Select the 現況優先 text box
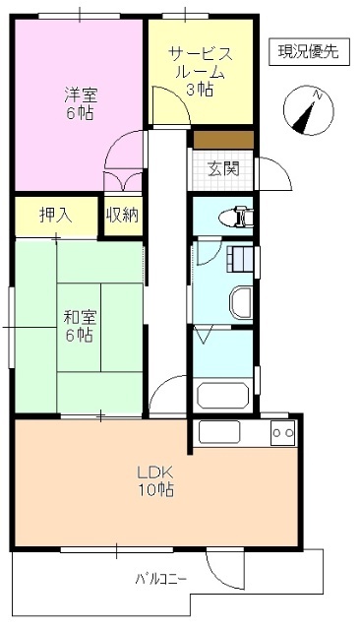click(x=307, y=52)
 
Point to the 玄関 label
click(x=221, y=167)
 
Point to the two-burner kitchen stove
click(x=283, y=431)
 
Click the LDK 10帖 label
click(x=155, y=479)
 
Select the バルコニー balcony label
click(x=160, y=578)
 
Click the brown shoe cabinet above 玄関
click(x=223, y=139)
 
